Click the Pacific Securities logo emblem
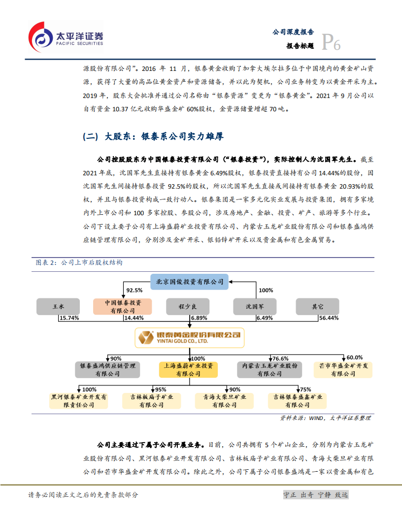(40, 36)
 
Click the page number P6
(331, 44)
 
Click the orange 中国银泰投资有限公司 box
(123, 306)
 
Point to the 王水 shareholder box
(58, 306)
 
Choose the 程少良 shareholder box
(187, 306)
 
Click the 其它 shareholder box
(318, 306)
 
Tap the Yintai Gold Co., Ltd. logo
(190, 337)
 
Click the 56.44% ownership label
(329, 318)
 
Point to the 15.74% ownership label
(69, 318)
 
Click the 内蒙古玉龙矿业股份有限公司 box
(270, 370)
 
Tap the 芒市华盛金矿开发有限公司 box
(343, 370)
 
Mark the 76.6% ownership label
(280, 358)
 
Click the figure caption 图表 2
(79, 262)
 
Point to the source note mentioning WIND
(325, 418)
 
